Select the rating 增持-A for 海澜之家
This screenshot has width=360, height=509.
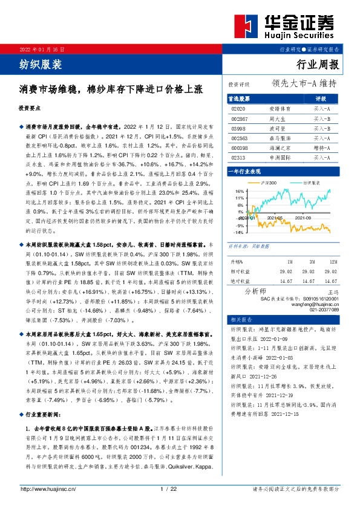(322, 148)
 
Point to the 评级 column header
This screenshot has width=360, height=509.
(321, 99)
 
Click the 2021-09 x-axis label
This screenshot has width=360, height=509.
(304, 218)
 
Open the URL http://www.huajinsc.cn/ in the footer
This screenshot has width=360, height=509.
(48, 489)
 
